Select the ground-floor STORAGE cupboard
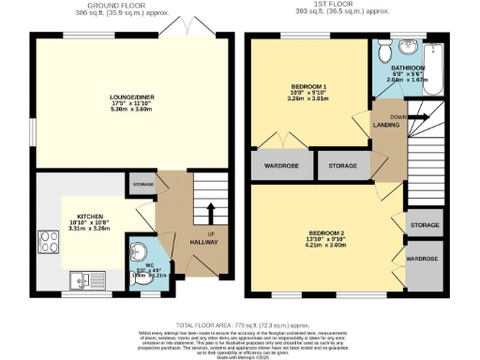(x=142, y=185)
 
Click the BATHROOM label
(x=408, y=68)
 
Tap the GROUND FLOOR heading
(x=124, y=6)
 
